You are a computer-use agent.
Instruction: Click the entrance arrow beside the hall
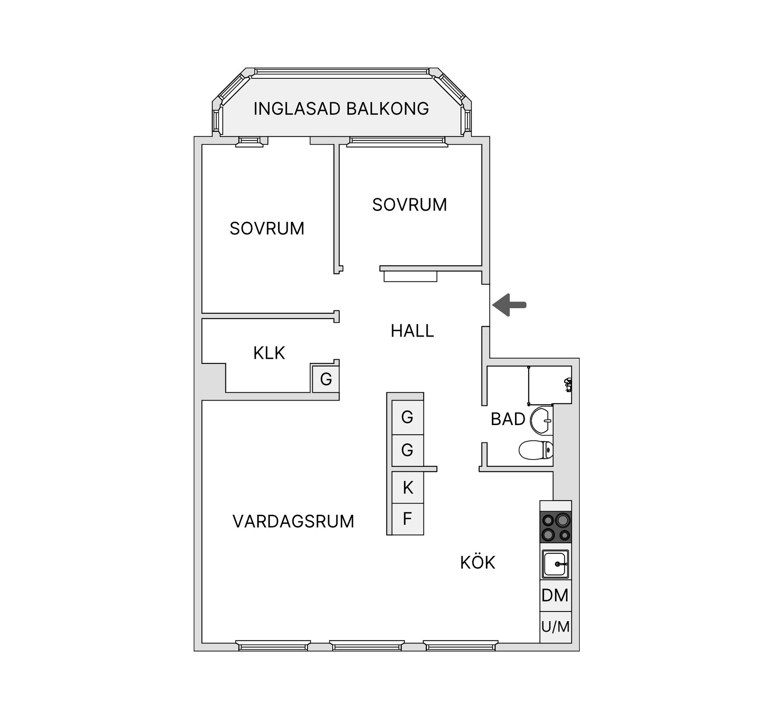point(509,305)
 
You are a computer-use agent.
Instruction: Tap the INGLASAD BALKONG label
point(341,109)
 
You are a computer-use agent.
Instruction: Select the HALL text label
point(412,331)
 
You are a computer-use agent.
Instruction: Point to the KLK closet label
point(269,353)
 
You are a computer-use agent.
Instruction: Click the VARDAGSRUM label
point(293,522)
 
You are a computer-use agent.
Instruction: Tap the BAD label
point(508,419)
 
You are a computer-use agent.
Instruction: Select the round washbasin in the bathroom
point(542,421)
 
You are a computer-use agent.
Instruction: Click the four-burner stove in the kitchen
point(556,527)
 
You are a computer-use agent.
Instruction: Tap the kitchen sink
point(556,564)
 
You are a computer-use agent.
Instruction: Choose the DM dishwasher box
point(555,595)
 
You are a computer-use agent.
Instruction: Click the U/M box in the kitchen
point(555,627)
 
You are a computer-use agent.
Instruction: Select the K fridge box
point(408,487)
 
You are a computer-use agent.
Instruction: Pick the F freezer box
point(408,519)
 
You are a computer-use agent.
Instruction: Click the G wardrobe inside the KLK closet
point(326,379)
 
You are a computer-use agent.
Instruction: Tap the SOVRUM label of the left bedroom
point(267,229)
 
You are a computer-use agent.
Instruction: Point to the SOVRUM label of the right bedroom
point(409,205)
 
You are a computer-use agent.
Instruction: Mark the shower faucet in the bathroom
point(568,385)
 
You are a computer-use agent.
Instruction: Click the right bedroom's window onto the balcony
point(397,141)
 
